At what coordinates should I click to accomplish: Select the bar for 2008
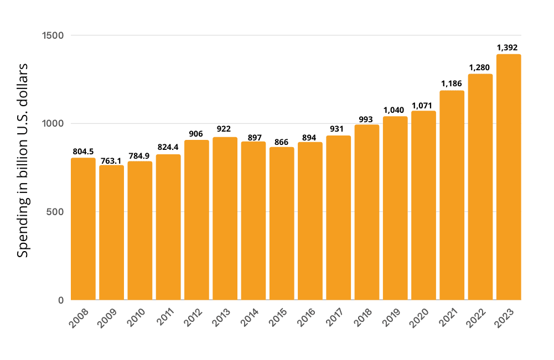(x=83, y=229)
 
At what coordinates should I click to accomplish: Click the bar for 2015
(x=282, y=223)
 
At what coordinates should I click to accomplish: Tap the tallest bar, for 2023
(x=509, y=177)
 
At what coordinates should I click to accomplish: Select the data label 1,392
(x=509, y=48)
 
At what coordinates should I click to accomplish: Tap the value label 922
(x=225, y=129)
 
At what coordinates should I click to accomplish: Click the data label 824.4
(x=168, y=147)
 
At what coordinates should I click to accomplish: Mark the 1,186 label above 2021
(x=452, y=84)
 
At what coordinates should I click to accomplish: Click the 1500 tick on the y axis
(x=53, y=35)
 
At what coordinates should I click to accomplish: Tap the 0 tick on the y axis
(x=61, y=300)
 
